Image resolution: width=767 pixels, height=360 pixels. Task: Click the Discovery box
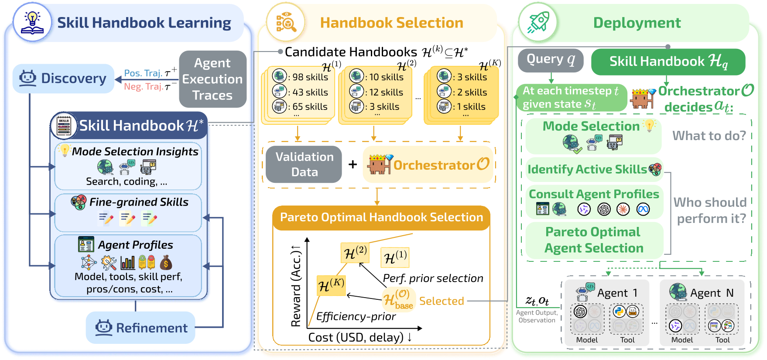[63, 79]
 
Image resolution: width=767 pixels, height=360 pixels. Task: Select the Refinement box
[140, 328]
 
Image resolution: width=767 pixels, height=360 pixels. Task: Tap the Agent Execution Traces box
[212, 79]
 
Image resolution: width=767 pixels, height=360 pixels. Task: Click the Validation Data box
[304, 165]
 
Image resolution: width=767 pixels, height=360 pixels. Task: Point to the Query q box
[550, 60]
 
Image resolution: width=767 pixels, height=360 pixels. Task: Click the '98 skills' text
[310, 77]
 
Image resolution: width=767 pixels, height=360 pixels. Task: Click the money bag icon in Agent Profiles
[166, 263]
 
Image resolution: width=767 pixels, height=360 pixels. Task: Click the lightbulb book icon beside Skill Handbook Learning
[32, 22]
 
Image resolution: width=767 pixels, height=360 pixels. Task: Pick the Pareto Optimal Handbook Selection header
[381, 217]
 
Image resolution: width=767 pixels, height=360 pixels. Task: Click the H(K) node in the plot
[331, 286]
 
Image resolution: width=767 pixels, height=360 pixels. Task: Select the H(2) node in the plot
[355, 253]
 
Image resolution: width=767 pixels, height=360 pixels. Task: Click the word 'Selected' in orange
[441, 301]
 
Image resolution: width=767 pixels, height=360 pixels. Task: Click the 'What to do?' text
[709, 136]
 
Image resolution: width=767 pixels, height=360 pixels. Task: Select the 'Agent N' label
[712, 293]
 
